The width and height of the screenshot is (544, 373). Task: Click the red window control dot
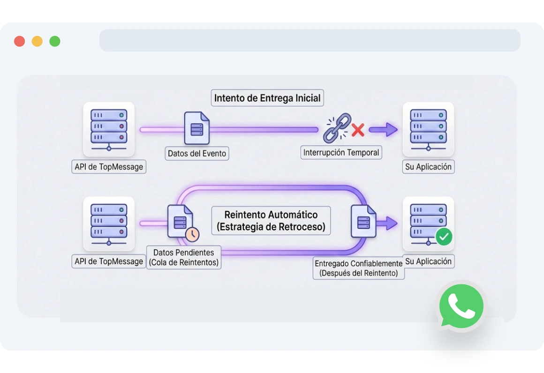pyautogui.click(x=19, y=41)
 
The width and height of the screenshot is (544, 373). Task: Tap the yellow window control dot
pyautogui.click(x=37, y=41)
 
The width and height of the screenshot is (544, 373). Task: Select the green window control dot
pyautogui.click(x=55, y=41)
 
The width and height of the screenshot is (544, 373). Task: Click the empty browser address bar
pyautogui.click(x=310, y=40)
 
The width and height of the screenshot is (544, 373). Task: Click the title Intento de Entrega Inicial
pyautogui.click(x=267, y=98)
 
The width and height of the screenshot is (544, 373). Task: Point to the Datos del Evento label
pyautogui.click(x=197, y=153)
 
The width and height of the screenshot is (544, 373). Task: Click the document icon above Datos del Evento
pyautogui.click(x=196, y=128)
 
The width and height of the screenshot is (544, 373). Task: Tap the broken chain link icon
pyautogui.click(x=337, y=127)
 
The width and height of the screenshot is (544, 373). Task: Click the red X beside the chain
pyautogui.click(x=358, y=130)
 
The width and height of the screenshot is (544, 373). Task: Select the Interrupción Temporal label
pyautogui.click(x=341, y=153)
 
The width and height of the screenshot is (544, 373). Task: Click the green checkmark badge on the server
pyautogui.click(x=444, y=237)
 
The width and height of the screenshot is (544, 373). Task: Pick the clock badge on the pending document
pyautogui.click(x=192, y=234)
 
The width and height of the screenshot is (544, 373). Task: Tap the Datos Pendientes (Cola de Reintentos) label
pyautogui.click(x=184, y=257)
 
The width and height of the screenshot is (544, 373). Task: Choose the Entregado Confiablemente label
pyautogui.click(x=358, y=269)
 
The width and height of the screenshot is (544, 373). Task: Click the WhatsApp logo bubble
pyautogui.click(x=461, y=307)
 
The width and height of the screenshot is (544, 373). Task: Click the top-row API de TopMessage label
pyautogui.click(x=109, y=167)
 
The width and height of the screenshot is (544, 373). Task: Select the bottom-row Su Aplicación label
pyautogui.click(x=428, y=261)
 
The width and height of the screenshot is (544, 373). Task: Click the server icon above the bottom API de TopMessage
pyautogui.click(x=109, y=223)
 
